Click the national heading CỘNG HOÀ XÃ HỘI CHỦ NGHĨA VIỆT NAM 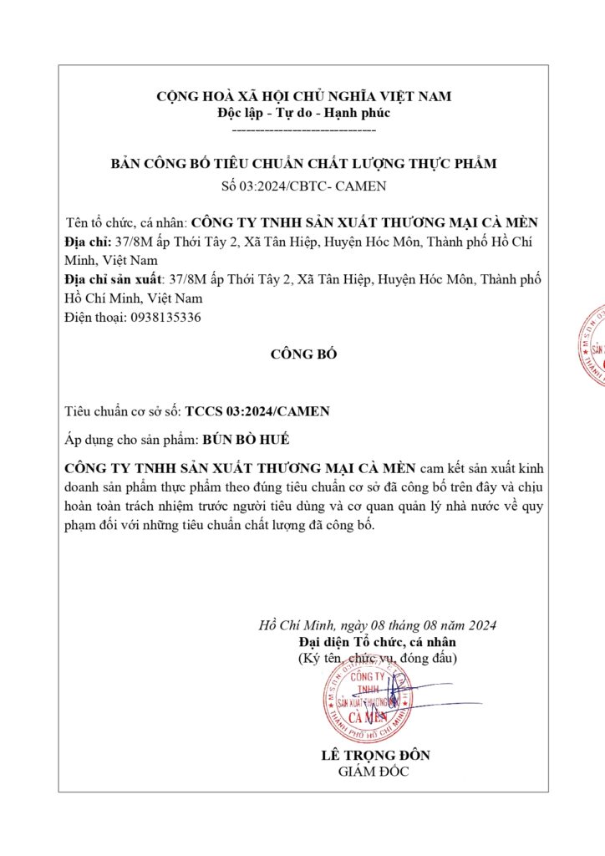(x=303, y=96)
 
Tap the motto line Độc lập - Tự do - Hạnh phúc (x=303, y=113)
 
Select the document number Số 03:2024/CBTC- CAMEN (x=303, y=186)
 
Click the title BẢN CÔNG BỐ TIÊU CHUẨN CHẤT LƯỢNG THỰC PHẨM (x=303, y=164)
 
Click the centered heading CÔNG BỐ (x=303, y=354)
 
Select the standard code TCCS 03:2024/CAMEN (x=257, y=411)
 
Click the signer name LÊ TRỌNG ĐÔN (x=375, y=755)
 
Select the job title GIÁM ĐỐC (x=374, y=772)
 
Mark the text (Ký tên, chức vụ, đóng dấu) (x=378, y=659)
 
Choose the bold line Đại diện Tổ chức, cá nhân (x=378, y=642)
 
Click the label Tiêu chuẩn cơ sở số (x=122, y=411)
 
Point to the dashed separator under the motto (x=303, y=130)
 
